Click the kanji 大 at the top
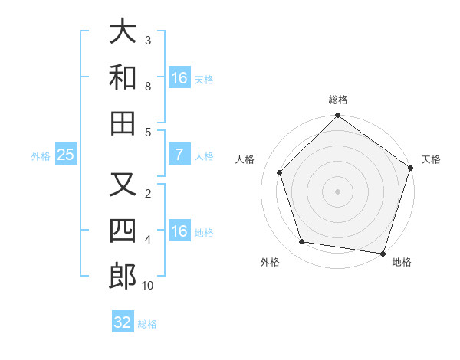tap(123, 33)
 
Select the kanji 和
tap(123, 77)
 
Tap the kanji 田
tap(123, 123)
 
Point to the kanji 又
tap(123, 185)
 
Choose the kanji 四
tap(123, 230)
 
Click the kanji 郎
tap(123, 275)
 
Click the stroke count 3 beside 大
tap(148, 40)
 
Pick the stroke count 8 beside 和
tap(148, 86)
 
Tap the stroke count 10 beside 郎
tap(148, 286)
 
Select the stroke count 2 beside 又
tap(148, 193)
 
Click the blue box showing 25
tap(65, 155)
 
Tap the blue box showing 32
tap(123, 322)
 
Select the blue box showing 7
tap(179, 155)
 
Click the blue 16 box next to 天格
tap(179, 78)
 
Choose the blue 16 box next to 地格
tap(179, 231)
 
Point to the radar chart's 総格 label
tap(337, 100)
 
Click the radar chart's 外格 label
tap(270, 262)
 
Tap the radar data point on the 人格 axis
tap(280, 172)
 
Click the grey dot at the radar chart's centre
tap(337, 191)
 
